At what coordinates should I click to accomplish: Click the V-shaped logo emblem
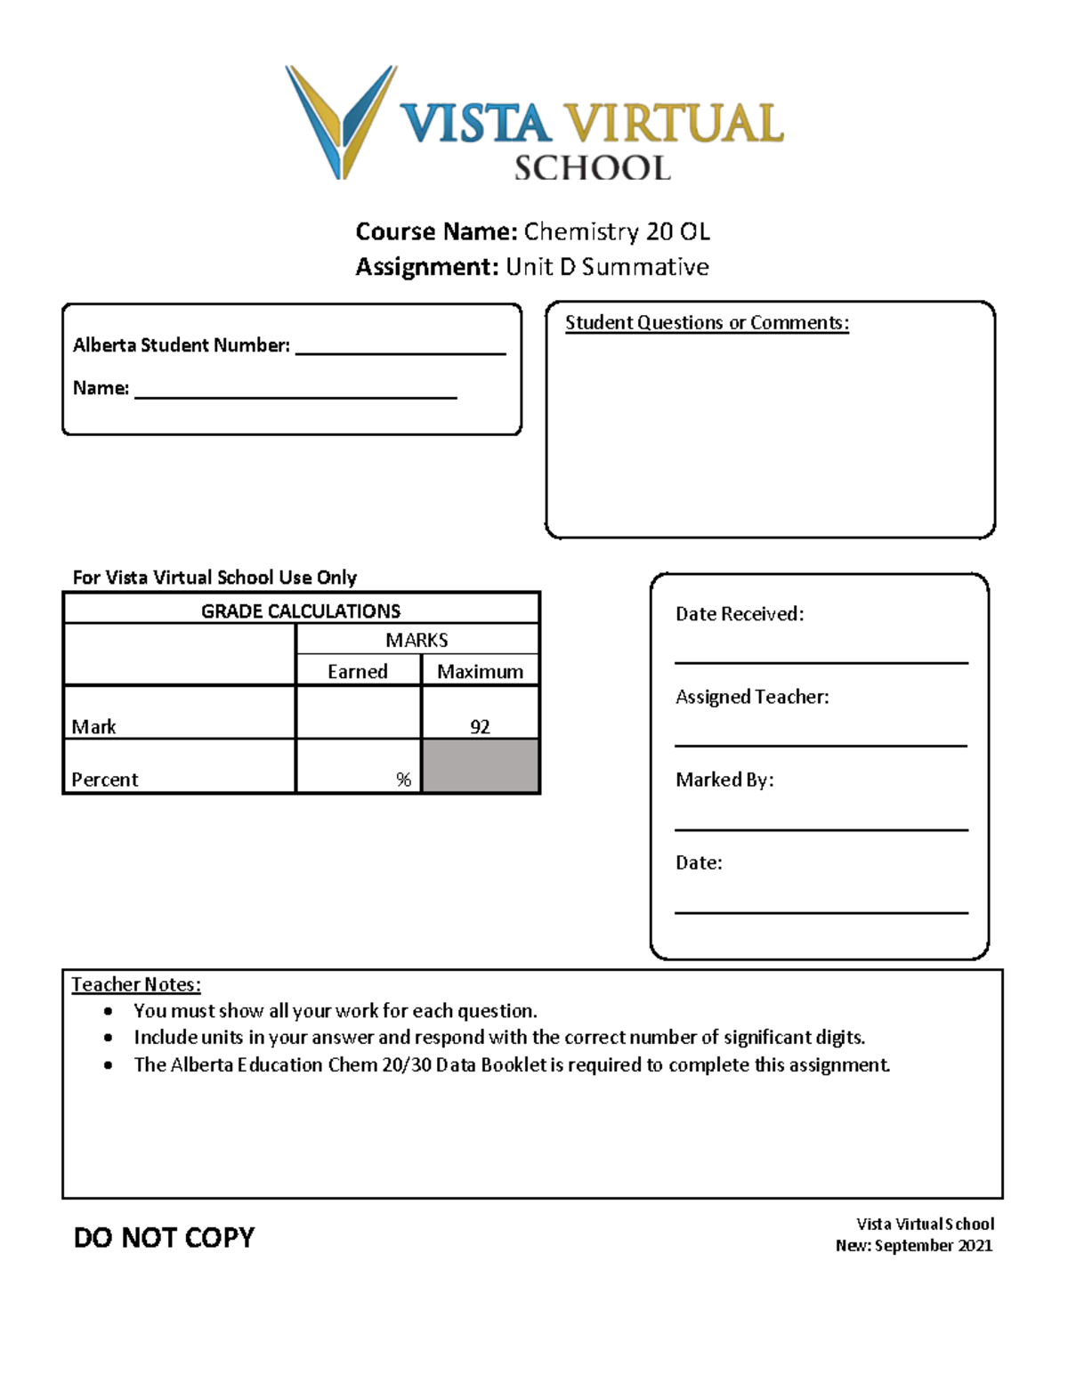click(x=341, y=120)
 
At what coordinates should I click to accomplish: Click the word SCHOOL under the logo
click(x=592, y=168)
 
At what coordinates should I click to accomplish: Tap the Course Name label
click(x=436, y=231)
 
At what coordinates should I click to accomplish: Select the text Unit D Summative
click(x=607, y=267)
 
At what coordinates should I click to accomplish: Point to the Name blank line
click(x=295, y=395)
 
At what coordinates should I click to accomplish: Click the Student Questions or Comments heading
click(x=707, y=323)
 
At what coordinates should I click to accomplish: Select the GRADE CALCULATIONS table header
click(x=301, y=611)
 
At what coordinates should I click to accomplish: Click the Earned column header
click(x=357, y=672)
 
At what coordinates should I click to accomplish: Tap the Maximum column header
click(x=480, y=672)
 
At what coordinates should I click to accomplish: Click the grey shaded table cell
click(x=480, y=765)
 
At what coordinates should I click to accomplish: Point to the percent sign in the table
click(x=403, y=780)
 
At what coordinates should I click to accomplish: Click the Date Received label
click(x=740, y=614)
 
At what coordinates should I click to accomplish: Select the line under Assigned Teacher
click(x=821, y=745)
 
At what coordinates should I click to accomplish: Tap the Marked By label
click(x=724, y=780)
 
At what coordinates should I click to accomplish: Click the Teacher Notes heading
click(x=136, y=984)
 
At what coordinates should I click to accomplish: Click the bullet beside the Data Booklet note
click(x=109, y=1065)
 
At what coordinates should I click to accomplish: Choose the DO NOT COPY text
click(x=164, y=1237)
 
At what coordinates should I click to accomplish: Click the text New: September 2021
click(x=914, y=1246)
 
